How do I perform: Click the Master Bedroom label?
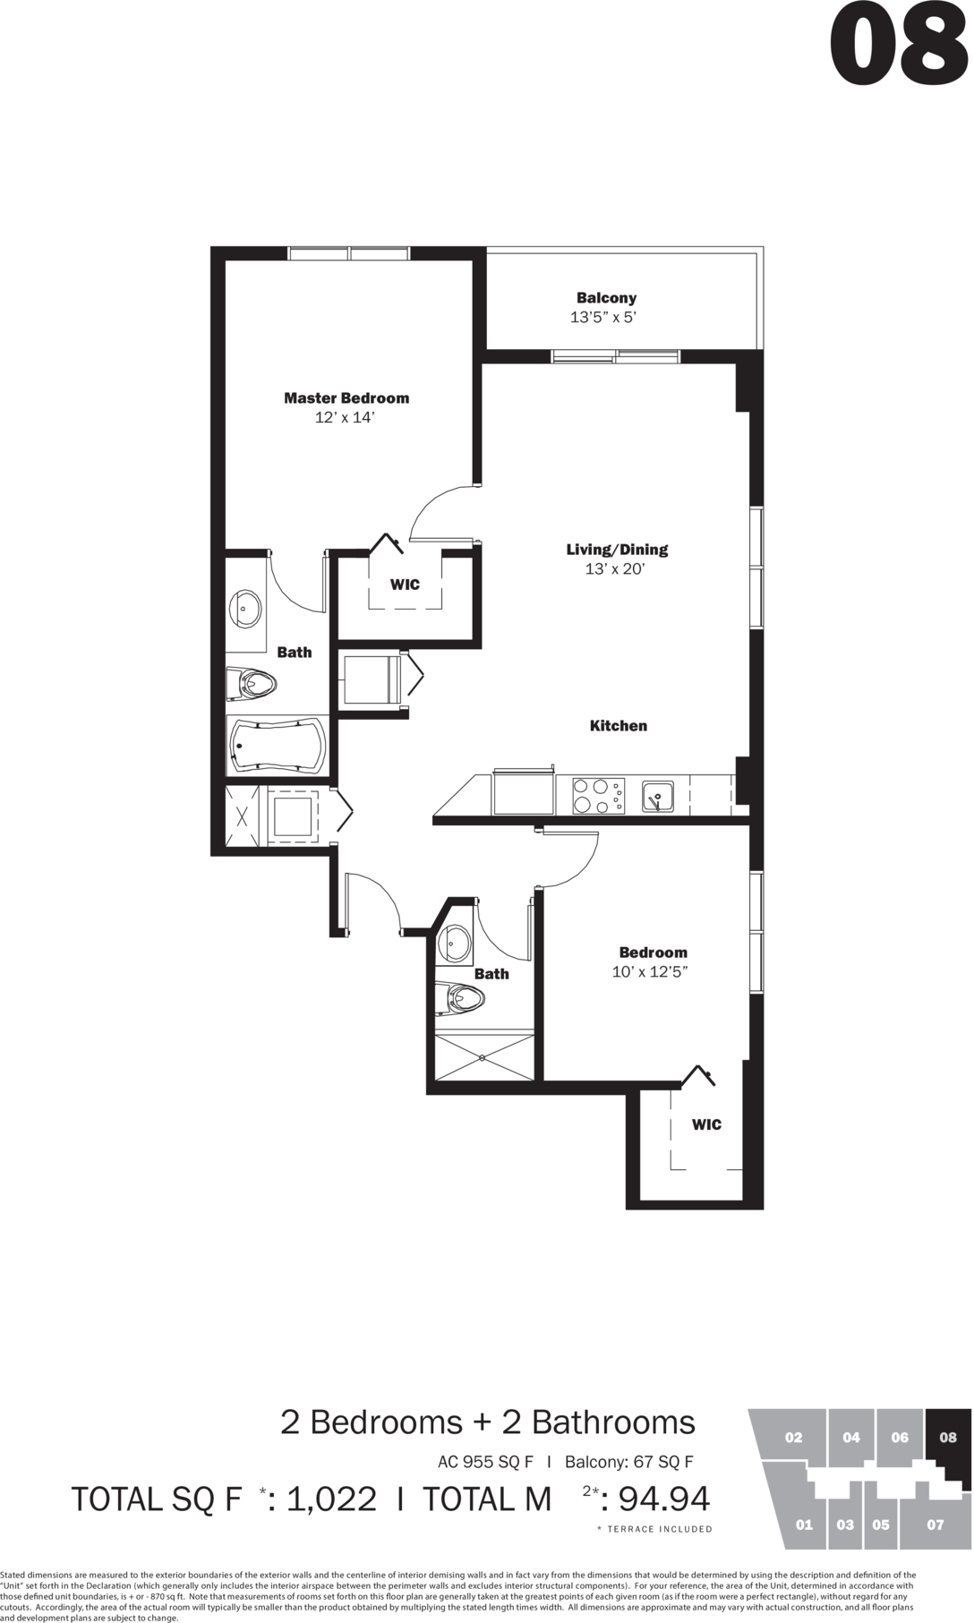pyautogui.click(x=346, y=398)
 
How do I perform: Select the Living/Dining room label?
pyautogui.click(x=617, y=550)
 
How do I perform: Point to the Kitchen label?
pyautogui.click(x=619, y=726)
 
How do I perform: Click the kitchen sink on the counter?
pyautogui.click(x=658, y=796)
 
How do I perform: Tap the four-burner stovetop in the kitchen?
pyautogui.click(x=599, y=796)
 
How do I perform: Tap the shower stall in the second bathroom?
pyautogui.click(x=484, y=1057)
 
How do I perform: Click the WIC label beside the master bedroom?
pyautogui.click(x=405, y=585)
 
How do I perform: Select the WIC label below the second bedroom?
pyautogui.click(x=706, y=1124)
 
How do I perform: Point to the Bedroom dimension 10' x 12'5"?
pyautogui.click(x=650, y=971)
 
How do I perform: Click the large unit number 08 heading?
pyautogui.click(x=900, y=45)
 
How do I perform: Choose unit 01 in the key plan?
pyautogui.click(x=804, y=1525)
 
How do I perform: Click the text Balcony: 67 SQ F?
pyautogui.click(x=628, y=1462)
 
